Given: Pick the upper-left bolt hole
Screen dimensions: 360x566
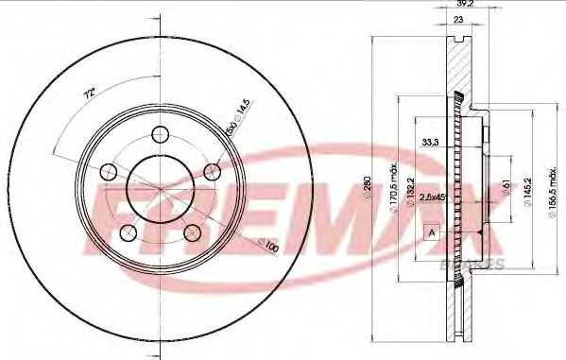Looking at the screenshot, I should click(x=109, y=172).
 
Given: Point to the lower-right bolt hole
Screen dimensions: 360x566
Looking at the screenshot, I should click(x=193, y=231).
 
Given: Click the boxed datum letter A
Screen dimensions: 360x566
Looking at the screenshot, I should click(x=433, y=231).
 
